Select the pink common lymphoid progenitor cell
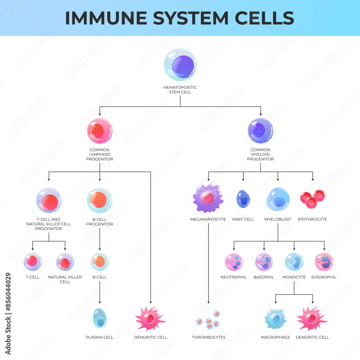tap(100, 131)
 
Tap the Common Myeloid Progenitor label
tap(260, 154)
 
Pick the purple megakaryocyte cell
tap(208, 198)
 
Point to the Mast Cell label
tap(243, 219)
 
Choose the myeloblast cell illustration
tap(278, 199)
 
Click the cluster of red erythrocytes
tap(312, 199)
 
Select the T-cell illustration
tap(32, 262)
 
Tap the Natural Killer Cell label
tap(65, 279)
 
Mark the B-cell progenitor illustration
tap(99, 200)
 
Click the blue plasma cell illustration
tap(100, 318)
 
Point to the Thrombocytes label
tap(208, 337)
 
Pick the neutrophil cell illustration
tap(234, 262)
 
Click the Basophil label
tap(264, 277)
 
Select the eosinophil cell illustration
tap(324, 262)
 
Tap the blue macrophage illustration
tap(275, 319)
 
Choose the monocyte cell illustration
tap(294, 262)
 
